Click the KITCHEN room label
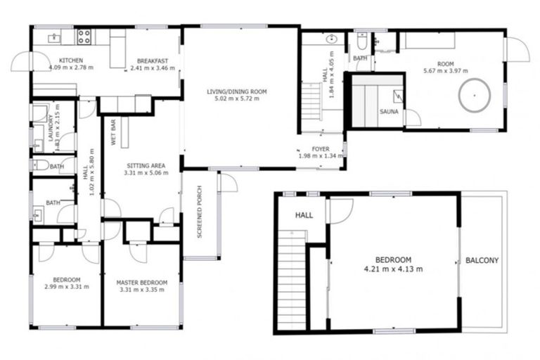(x=72, y=60)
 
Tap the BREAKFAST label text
(x=150, y=60)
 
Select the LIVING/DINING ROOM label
(x=237, y=91)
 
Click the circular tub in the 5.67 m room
(x=474, y=96)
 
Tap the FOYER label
(x=321, y=149)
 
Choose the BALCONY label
(x=482, y=261)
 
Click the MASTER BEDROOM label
(x=142, y=283)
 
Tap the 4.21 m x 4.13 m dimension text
(x=393, y=269)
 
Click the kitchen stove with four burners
(x=84, y=37)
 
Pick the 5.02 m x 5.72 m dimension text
(x=237, y=99)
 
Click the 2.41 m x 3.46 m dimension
(x=150, y=68)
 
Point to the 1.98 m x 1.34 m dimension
(x=321, y=156)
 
